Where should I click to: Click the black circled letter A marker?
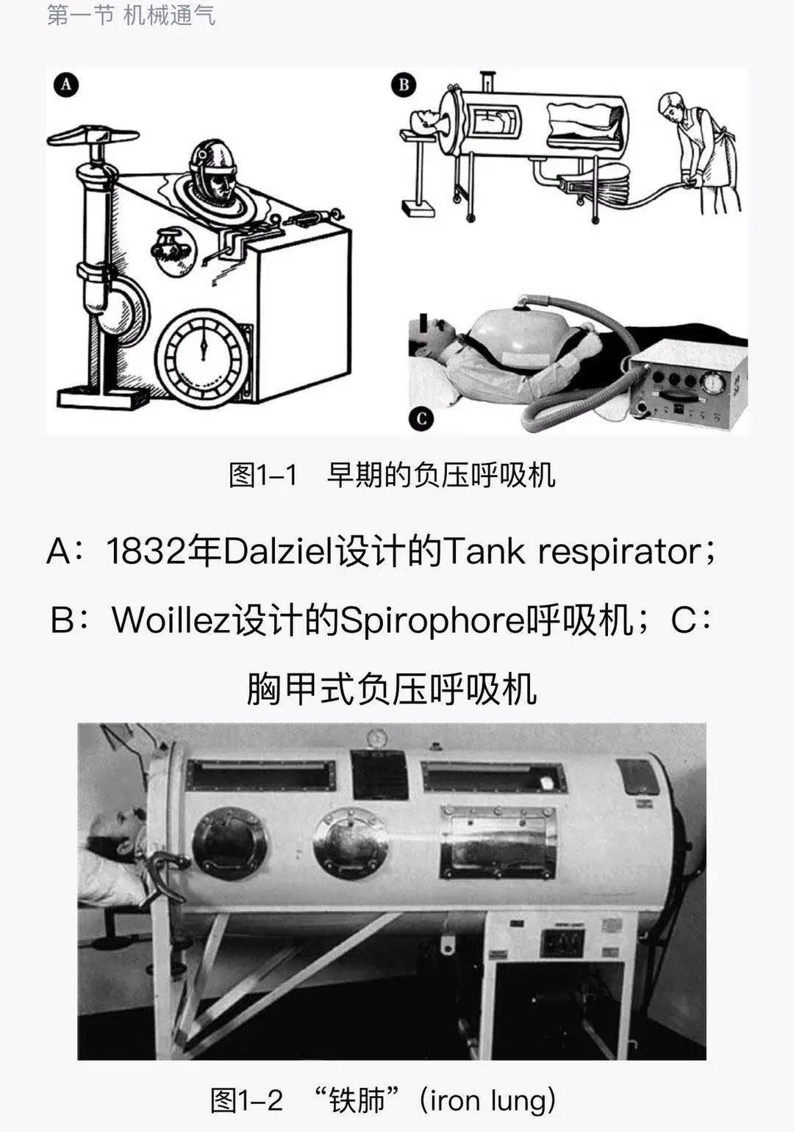tap(66, 85)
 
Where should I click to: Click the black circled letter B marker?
tap(404, 85)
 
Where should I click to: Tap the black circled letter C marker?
tap(421, 419)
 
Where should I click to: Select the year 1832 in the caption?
tap(146, 551)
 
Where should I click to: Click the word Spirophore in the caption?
tap(432, 620)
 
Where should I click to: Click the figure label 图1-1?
tap(262, 475)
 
